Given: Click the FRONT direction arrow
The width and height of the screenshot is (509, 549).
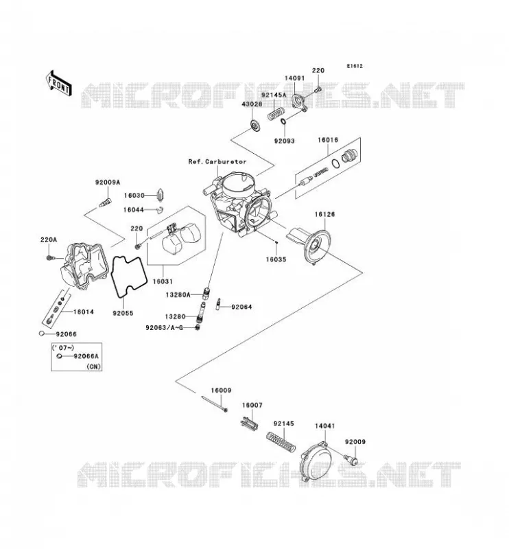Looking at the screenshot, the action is tap(59, 82).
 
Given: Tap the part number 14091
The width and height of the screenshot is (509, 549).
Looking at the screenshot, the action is tap(294, 78).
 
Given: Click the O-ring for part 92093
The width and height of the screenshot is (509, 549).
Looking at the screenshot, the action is tap(283, 121).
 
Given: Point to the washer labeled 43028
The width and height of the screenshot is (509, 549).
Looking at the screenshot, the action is tap(255, 126).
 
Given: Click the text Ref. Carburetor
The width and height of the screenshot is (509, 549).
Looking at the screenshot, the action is tap(217, 162).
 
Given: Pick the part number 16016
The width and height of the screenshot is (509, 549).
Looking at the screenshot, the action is tap(328, 140).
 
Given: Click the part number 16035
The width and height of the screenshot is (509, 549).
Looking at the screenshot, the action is tap(276, 259).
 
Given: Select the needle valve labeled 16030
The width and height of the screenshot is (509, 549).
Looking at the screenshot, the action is tap(162, 196).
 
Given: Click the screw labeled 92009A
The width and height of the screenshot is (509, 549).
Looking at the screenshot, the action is tap(106, 202).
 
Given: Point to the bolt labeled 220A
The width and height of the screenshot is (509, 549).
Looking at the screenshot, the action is tap(49, 258).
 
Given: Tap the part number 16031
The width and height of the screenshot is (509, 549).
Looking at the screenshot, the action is tap(163, 281).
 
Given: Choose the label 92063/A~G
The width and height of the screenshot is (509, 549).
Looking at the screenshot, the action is tap(164, 328).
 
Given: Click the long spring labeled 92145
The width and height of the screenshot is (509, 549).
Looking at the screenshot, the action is tap(281, 443).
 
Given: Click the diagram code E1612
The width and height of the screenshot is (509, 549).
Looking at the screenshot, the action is tap(355, 66).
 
